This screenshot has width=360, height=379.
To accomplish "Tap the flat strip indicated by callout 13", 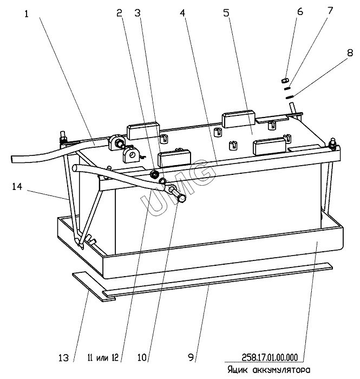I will (92, 282).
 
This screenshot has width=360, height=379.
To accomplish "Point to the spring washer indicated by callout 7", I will (288, 87).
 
